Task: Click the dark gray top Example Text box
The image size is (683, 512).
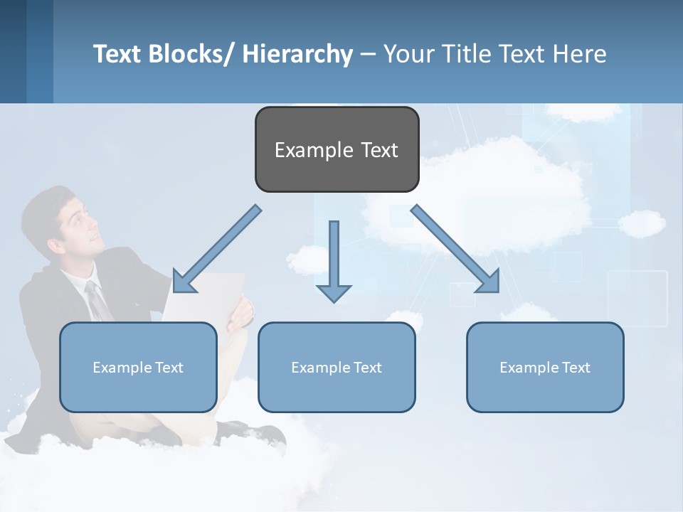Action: click(x=337, y=149)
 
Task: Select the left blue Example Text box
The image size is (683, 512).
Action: click(x=138, y=367)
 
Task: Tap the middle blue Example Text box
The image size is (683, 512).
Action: click(x=337, y=367)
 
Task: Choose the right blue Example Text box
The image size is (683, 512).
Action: click(x=545, y=367)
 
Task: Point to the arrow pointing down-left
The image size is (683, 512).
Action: click(x=217, y=249)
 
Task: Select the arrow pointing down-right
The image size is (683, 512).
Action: click(x=455, y=249)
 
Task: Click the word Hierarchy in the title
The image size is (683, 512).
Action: click(x=297, y=54)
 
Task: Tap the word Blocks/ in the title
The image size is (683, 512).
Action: click(x=189, y=54)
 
